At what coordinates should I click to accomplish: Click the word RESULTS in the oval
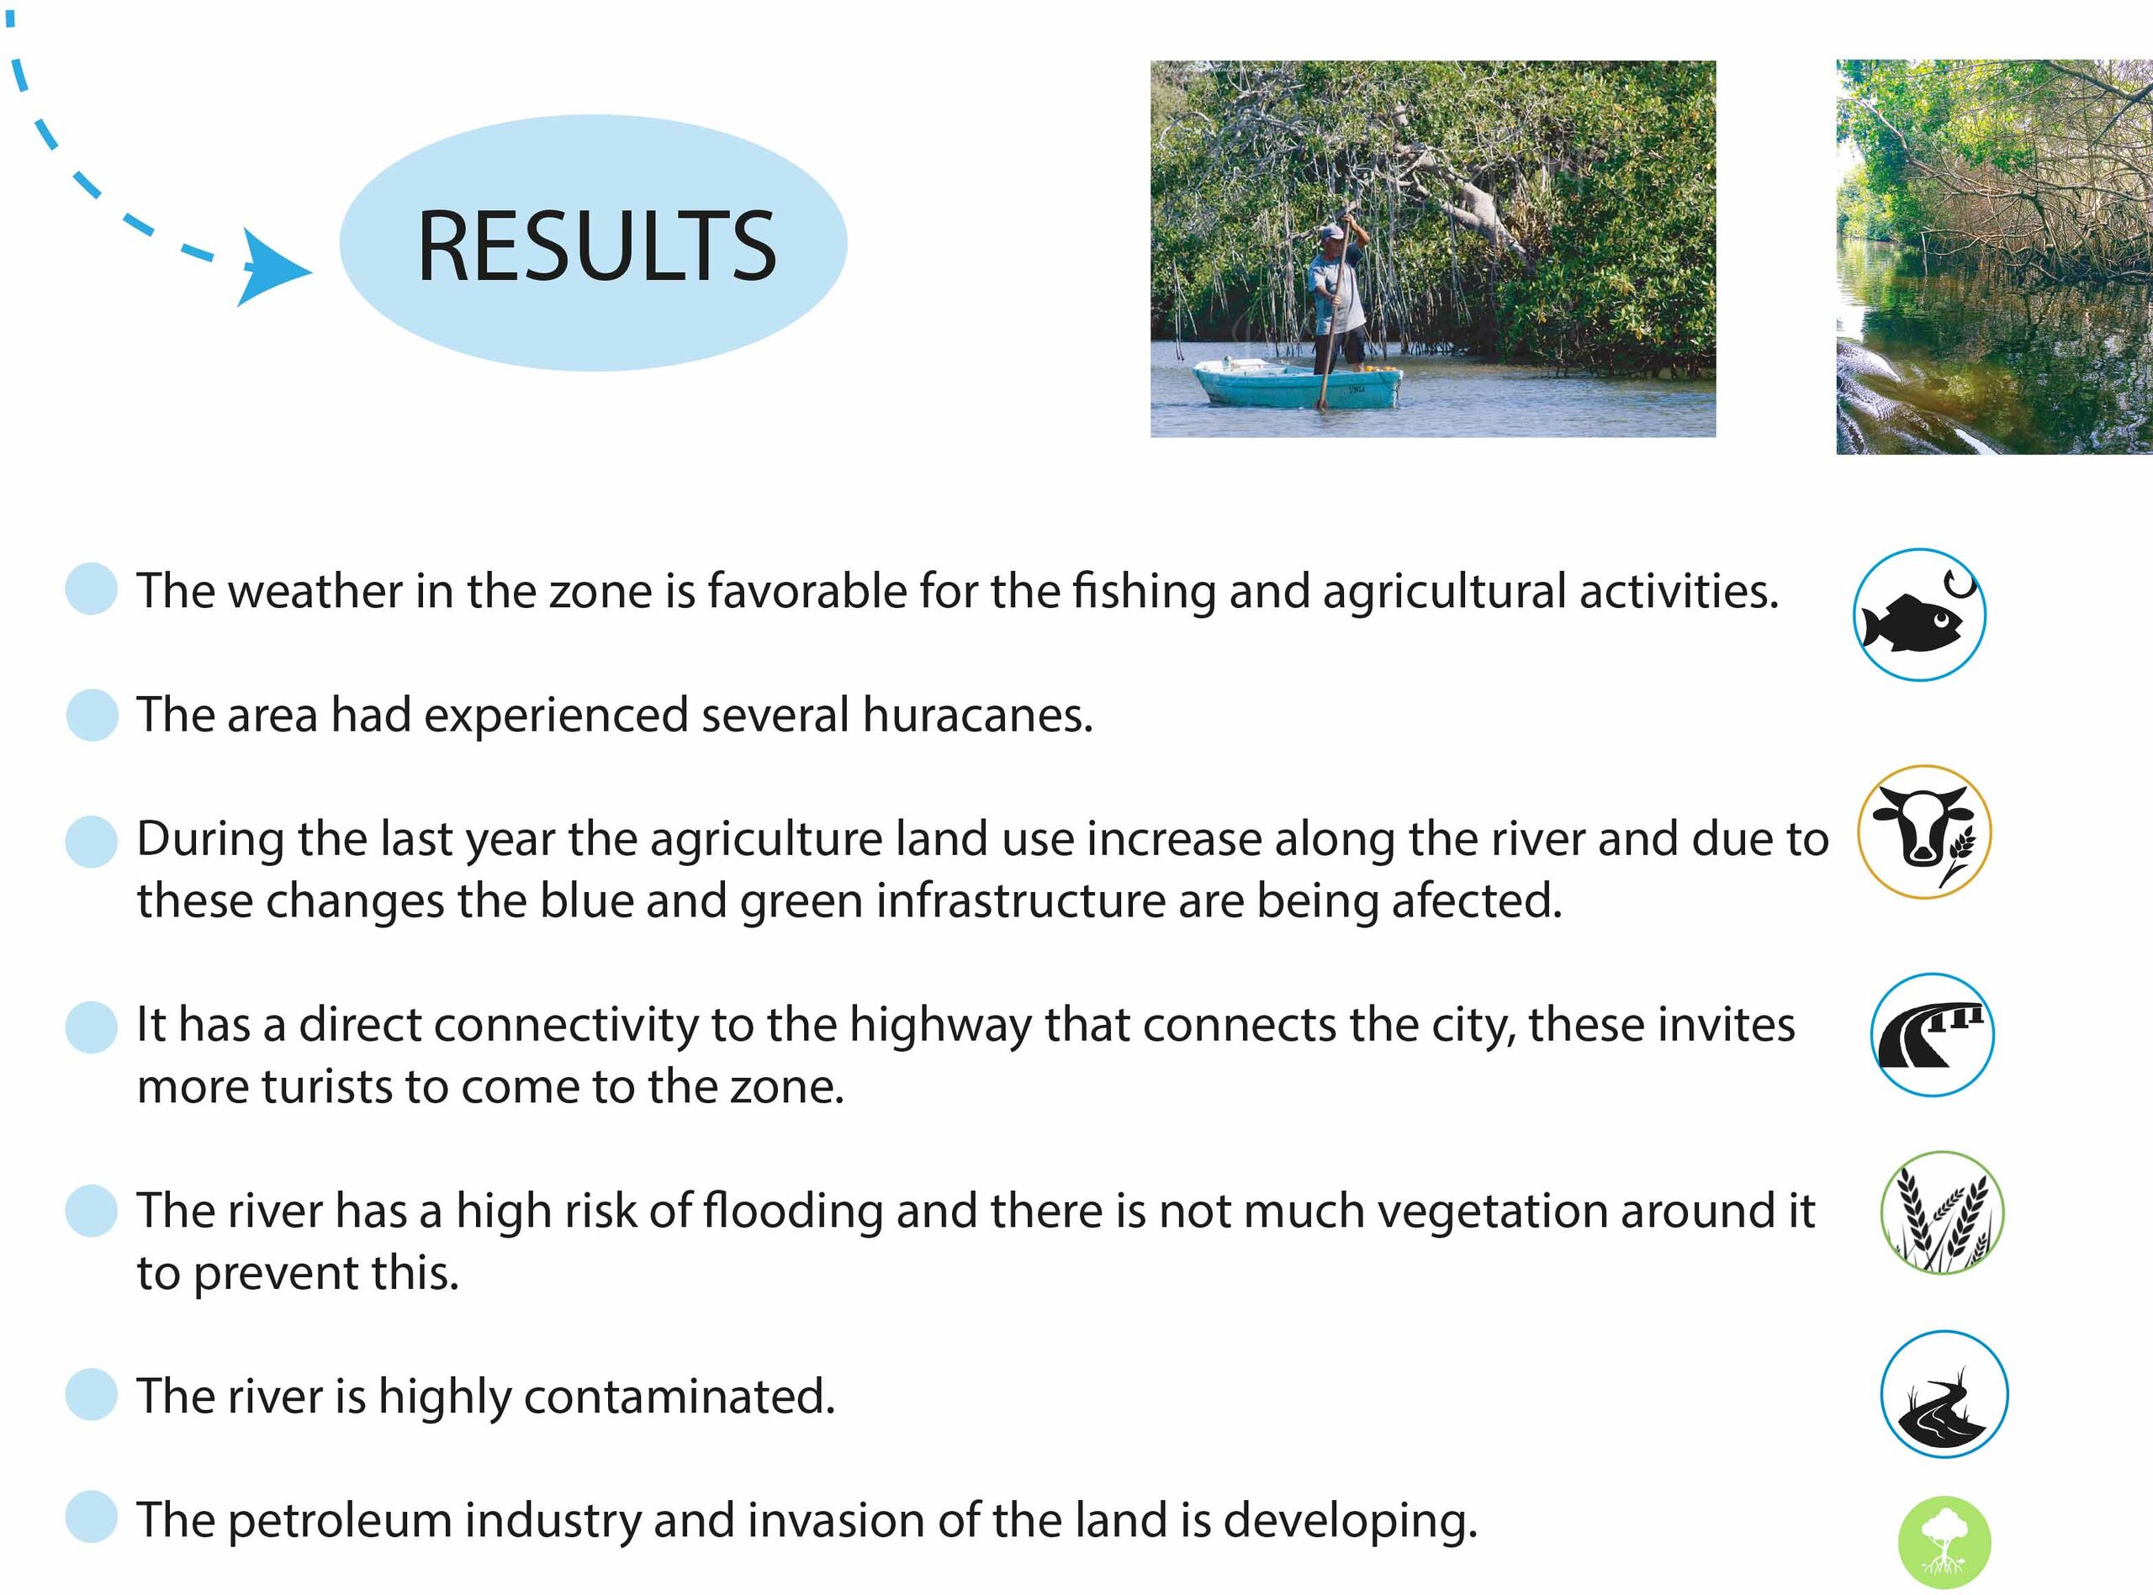(596, 246)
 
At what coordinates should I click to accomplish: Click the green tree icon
(1944, 1542)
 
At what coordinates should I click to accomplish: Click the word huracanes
(978, 716)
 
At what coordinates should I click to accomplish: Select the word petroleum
(340, 1523)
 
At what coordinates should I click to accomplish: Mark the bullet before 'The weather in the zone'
(92, 588)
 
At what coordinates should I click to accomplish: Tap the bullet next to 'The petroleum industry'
(92, 1516)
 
